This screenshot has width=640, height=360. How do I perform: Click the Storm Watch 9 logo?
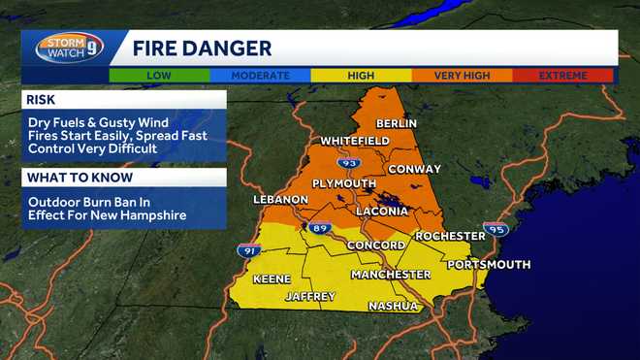pyautogui.click(x=69, y=48)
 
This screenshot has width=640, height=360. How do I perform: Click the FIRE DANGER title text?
pyautogui.click(x=202, y=49)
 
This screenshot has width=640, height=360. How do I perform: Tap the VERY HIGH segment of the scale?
pyautogui.click(x=463, y=75)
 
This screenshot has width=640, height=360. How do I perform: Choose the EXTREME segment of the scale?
pyautogui.click(x=563, y=75)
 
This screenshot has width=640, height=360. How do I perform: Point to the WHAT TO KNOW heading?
pyautogui.click(x=75, y=177)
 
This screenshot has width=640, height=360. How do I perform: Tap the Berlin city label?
pyautogui.click(x=396, y=123)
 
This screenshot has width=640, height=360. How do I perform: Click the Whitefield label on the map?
pyautogui.click(x=355, y=141)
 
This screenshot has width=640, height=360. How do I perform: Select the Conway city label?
pyautogui.click(x=414, y=169)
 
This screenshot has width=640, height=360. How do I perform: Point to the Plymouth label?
pyautogui.click(x=343, y=183)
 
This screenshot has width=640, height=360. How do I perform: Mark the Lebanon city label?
pyautogui.click(x=280, y=199)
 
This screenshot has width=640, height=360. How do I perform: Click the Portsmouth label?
pyautogui.click(x=489, y=264)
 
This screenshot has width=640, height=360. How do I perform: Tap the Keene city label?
pyautogui.click(x=272, y=278)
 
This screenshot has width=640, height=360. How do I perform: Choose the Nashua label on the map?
pyautogui.click(x=393, y=307)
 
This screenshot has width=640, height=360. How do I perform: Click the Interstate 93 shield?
pyautogui.click(x=349, y=162)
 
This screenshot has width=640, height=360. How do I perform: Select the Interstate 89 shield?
pyautogui.click(x=322, y=228)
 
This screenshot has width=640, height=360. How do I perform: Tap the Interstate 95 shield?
pyautogui.click(x=496, y=229)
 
